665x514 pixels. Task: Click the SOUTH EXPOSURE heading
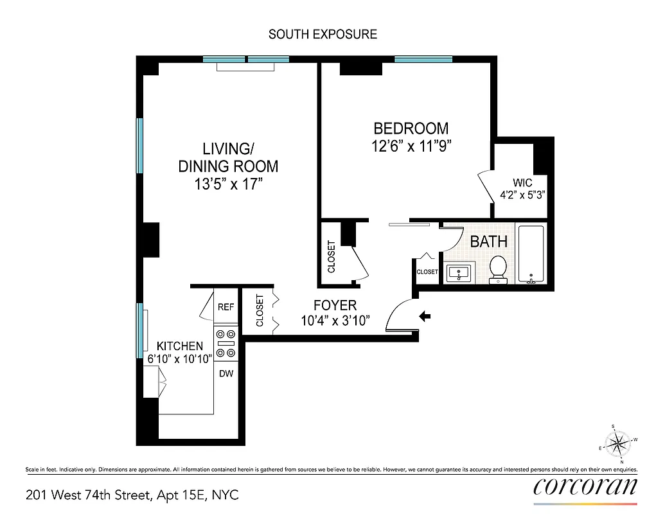pos(323,34)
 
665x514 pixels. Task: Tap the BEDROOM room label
pos(411,128)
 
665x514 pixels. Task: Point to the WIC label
pos(522,182)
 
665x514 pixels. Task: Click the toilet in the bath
pos(498,270)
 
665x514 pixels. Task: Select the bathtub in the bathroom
pos(531,254)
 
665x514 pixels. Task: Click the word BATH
pos(489,242)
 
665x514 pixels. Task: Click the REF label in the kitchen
pos(226,307)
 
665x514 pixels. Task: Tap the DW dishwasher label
pos(226,373)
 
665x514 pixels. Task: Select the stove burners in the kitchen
pos(226,343)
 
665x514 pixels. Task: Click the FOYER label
pos(335,305)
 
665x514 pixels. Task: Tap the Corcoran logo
pos(585,486)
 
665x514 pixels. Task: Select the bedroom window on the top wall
pos(423,60)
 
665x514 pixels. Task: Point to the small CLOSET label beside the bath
pos(427,272)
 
